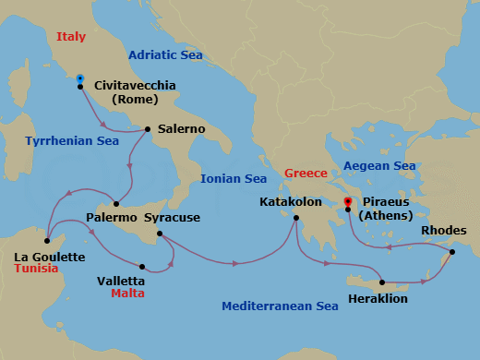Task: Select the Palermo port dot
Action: tap(115, 203)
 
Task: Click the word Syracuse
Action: tap(170, 218)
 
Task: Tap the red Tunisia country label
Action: tap(36, 269)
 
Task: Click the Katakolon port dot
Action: tap(295, 219)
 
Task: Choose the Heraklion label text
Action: tap(378, 298)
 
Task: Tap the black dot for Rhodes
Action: tap(452, 252)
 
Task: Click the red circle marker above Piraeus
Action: tap(347, 201)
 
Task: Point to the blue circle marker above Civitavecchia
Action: tap(80, 78)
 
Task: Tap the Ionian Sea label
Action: tap(234, 178)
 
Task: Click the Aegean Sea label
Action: tap(379, 166)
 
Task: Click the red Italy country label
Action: tap(71, 37)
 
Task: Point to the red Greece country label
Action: tap(306, 173)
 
